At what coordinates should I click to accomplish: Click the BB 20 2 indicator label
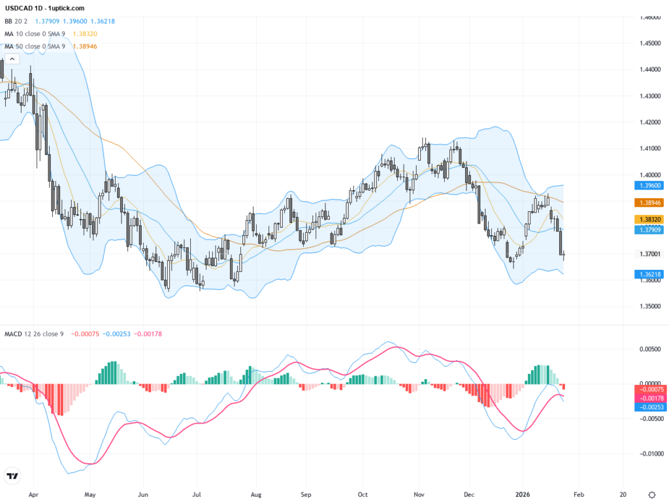click(x=17, y=21)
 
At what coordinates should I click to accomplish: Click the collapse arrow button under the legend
click(x=12, y=59)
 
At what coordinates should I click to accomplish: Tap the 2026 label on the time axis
click(x=523, y=494)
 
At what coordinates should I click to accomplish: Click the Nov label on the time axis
click(x=419, y=494)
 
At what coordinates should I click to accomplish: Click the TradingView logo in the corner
click(x=12, y=476)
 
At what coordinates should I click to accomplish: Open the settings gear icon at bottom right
click(x=651, y=494)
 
